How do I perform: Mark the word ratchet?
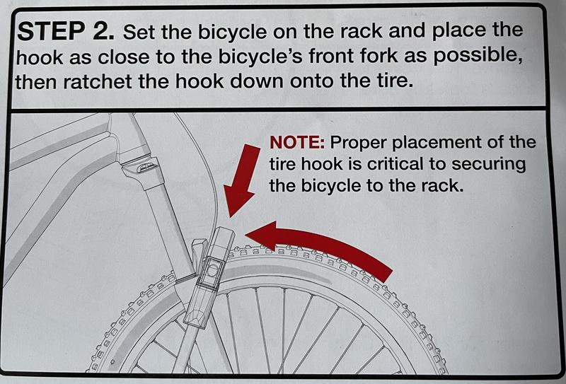tap(98, 82)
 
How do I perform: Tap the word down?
tap(258, 81)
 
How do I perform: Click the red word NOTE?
tap(297, 143)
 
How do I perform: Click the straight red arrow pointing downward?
tap(241, 180)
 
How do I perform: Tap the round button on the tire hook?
tap(212, 269)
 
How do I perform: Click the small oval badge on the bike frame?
tap(147, 166)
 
